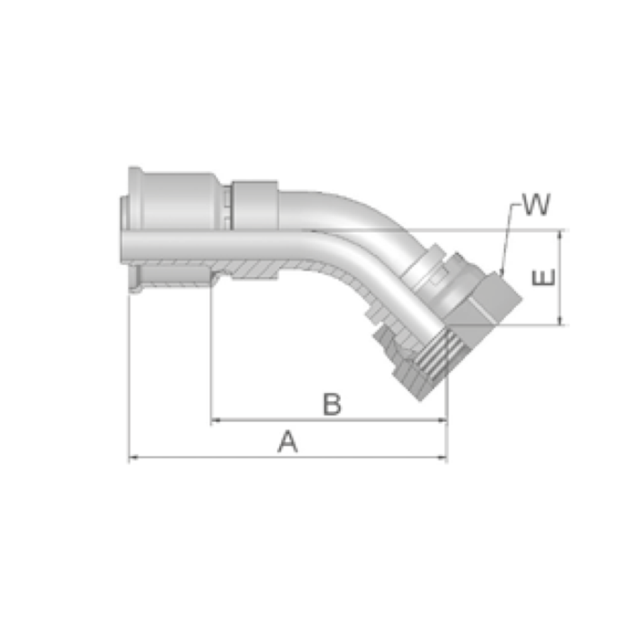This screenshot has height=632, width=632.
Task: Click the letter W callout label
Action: pos(536,204)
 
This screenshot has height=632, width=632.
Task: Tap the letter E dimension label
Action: pos(544,277)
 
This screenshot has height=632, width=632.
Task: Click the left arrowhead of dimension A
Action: pos(133,458)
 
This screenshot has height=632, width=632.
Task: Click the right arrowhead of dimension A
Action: pos(443,458)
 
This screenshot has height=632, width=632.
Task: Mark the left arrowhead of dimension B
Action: pos(216,420)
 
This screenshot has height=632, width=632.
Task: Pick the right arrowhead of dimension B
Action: pos(443,420)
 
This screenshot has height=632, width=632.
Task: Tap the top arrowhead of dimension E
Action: pos(559,235)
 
